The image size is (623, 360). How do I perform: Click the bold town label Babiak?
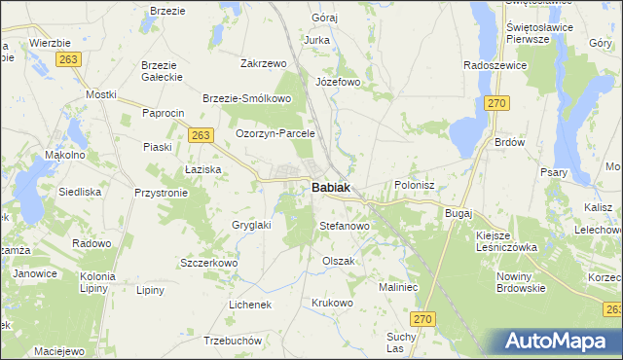click(x=332, y=188)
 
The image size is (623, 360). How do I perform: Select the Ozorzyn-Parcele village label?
click(x=276, y=133)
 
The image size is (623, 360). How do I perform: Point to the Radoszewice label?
click(x=495, y=65)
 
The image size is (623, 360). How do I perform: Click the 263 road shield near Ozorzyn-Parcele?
click(x=201, y=135)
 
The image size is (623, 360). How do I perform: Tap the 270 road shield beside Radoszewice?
click(x=497, y=102)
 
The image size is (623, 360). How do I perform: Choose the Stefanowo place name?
click(x=345, y=226)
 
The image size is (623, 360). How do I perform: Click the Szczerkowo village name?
click(x=209, y=263)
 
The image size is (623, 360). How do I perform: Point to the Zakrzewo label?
click(x=263, y=63)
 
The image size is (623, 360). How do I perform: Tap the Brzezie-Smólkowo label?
click(x=247, y=98)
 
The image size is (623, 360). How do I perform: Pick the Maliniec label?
click(x=399, y=287)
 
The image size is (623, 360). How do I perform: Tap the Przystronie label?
click(x=161, y=193)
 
